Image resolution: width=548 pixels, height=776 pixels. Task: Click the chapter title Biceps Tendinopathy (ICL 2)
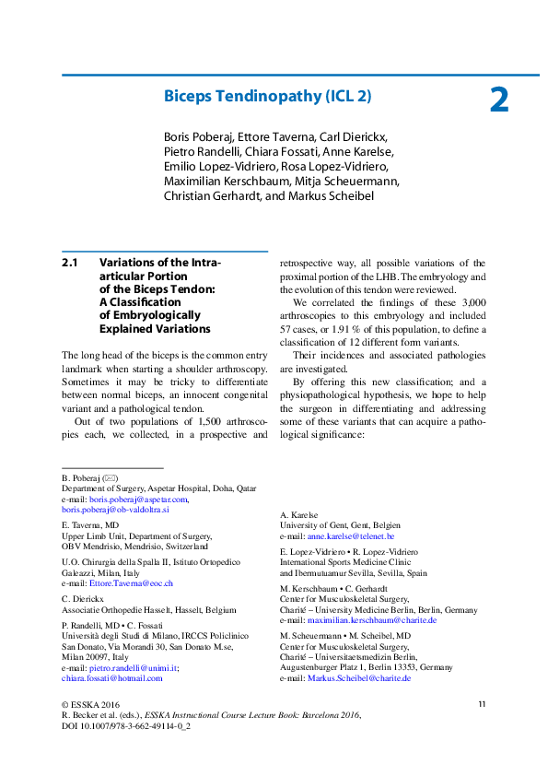267,95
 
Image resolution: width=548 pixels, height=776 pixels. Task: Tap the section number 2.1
70,263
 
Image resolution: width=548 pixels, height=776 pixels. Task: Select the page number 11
481,704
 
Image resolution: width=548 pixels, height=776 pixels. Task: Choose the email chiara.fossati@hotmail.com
111,677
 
